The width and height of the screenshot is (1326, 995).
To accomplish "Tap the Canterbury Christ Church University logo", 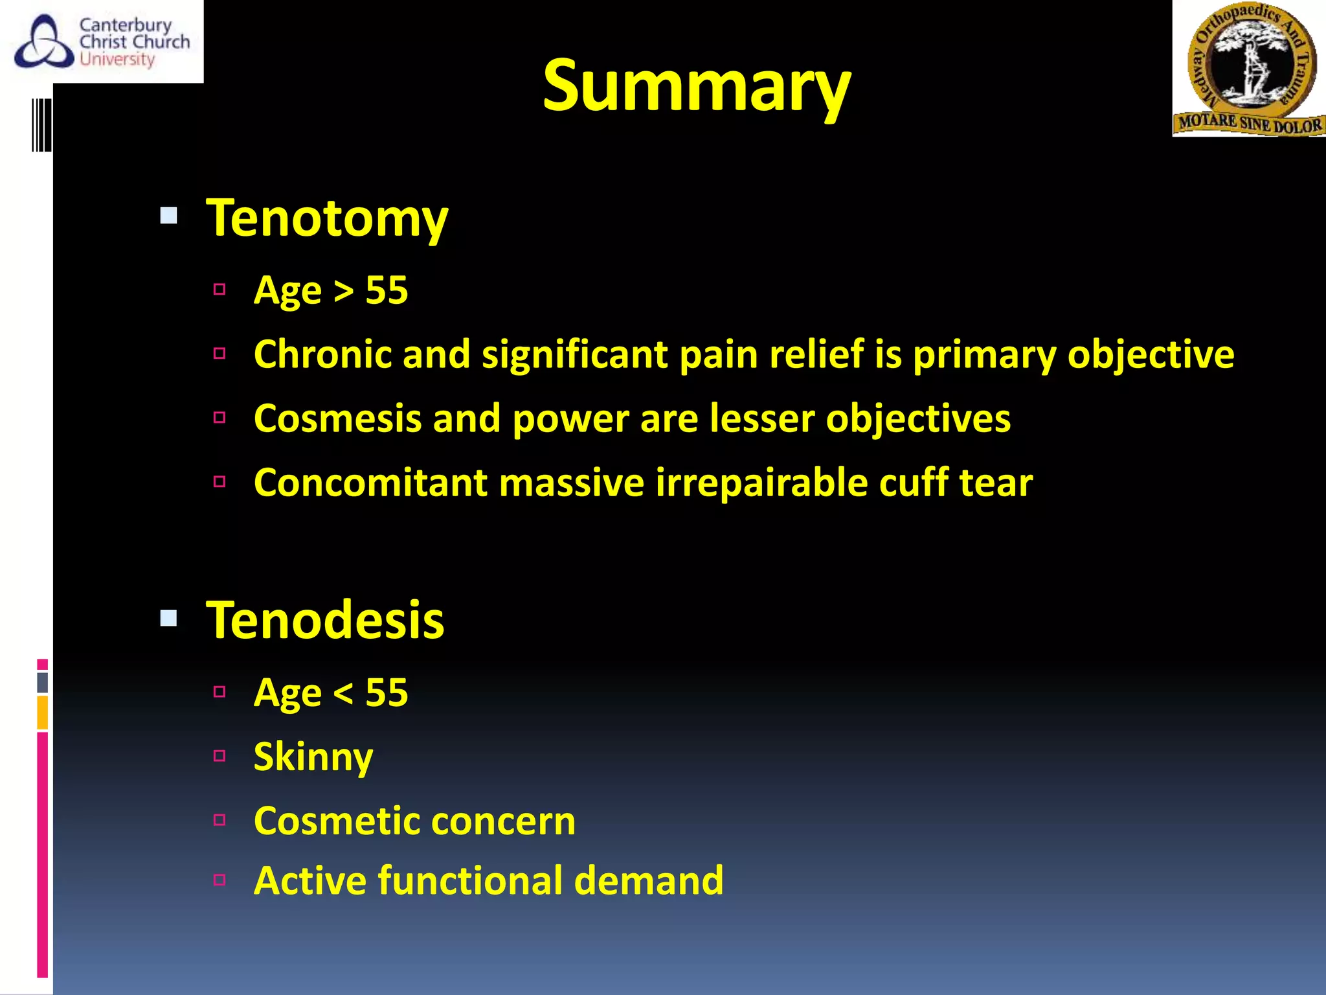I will click(102, 42).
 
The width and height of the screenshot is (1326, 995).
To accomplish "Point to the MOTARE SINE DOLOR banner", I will click(1250, 123).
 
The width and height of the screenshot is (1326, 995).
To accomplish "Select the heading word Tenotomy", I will click(327, 219).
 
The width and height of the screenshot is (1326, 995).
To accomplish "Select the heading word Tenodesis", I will click(325, 621).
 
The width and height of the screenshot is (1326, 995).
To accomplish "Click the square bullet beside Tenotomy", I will click(169, 216).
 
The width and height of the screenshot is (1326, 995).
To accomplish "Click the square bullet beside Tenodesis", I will click(169, 619).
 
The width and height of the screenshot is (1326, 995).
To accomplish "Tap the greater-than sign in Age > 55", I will click(343, 292).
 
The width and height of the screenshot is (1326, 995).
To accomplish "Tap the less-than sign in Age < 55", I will click(343, 694).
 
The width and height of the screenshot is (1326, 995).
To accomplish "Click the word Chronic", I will click(322, 354).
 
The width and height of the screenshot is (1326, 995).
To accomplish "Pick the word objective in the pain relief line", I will click(1151, 356).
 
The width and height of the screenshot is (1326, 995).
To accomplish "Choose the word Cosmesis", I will click(337, 418).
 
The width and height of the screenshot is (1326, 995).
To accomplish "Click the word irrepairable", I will click(761, 483).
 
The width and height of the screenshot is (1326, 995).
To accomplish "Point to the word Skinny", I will click(313, 757).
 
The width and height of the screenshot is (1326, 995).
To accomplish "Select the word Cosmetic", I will click(334, 821).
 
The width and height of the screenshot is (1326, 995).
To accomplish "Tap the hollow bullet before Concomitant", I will click(219, 481).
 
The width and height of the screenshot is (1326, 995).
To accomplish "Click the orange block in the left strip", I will click(43, 712).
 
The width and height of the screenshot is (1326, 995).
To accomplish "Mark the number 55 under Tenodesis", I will click(387, 693).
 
